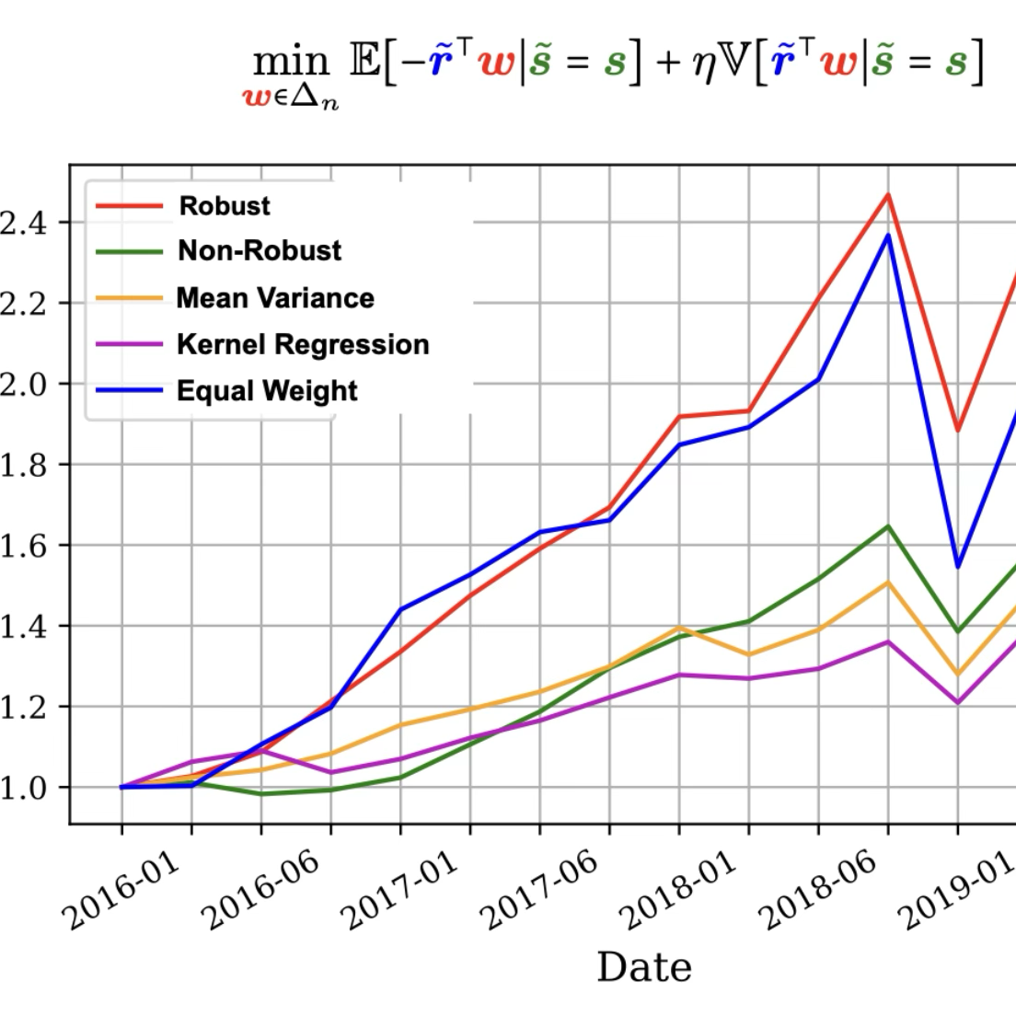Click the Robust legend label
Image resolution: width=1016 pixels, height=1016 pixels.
225,205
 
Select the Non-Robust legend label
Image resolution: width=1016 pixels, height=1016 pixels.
260,250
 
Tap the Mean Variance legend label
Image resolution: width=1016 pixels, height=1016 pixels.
275,298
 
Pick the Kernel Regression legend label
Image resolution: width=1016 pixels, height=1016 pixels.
303,344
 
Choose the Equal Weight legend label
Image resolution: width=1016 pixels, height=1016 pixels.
267,391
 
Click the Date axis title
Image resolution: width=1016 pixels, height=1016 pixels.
644,967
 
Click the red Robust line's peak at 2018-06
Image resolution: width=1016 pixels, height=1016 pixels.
888,194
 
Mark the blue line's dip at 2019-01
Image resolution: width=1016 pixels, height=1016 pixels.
958,566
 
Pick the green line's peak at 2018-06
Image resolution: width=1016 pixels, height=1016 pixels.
888,526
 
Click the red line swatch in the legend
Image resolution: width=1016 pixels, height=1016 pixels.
129,206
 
